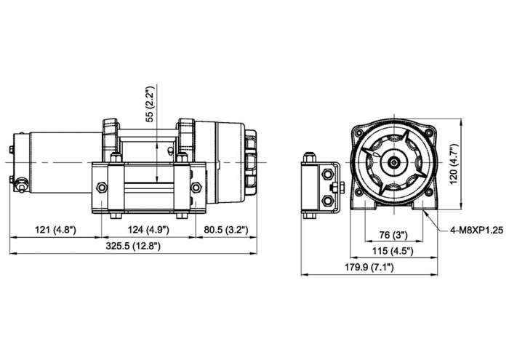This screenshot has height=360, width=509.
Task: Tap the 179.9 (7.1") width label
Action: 370,268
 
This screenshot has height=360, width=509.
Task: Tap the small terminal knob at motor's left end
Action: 22,185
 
